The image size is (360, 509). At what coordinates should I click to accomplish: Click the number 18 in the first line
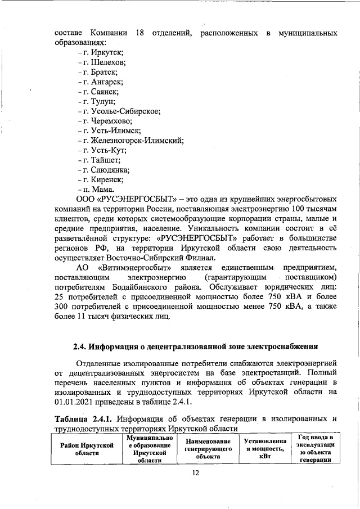(140, 32)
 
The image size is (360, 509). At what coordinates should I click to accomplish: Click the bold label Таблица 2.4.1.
(85, 418)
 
